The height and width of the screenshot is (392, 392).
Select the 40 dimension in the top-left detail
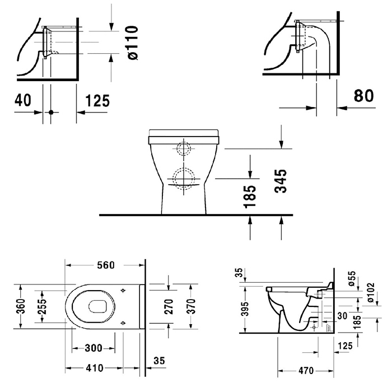click(x=22, y=100)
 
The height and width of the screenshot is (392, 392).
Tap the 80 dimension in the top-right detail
click(x=363, y=95)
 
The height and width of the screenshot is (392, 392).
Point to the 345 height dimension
click(x=282, y=181)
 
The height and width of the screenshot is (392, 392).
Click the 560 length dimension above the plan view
click(x=105, y=264)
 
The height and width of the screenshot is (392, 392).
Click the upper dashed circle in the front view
click(x=183, y=150)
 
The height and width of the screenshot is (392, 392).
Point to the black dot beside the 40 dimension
click(x=51, y=112)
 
